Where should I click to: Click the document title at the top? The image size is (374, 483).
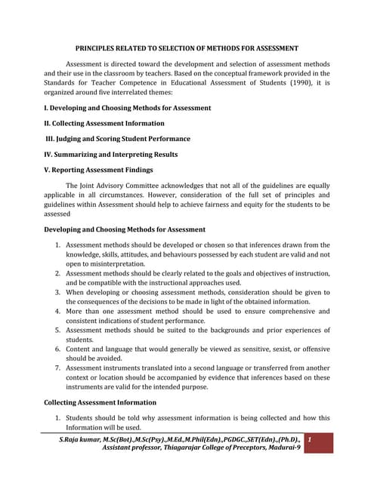[x=187, y=48]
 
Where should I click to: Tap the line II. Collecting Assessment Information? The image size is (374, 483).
[x=104, y=123]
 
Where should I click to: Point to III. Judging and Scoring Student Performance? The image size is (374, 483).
[x=118, y=139]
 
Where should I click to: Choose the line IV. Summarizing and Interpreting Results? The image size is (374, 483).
[x=111, y=154]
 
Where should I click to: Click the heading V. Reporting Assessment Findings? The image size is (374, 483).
[x=98, y=170]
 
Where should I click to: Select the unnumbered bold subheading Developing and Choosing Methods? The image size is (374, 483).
[x=125, y=229]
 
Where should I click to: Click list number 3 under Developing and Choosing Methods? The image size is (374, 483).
[x=59, y=291]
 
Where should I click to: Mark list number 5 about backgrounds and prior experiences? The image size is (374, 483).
[x=59, y=331]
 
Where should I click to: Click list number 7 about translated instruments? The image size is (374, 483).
[x=59, y=369]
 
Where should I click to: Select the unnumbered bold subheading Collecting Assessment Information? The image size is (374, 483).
[x=100, y=402]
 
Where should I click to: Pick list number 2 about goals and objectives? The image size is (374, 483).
[x=59, y=272]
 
